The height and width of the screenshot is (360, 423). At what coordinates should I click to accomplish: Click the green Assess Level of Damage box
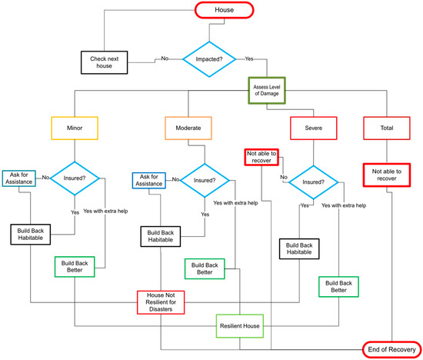point(267,91)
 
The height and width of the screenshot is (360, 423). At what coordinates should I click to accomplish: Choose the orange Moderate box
point(188,127)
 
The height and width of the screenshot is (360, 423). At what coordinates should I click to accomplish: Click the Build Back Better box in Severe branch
point(338,285)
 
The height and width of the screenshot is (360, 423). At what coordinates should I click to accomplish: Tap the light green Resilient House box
point(240,325)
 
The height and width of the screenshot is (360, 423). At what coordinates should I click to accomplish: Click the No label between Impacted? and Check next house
point(165,58)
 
